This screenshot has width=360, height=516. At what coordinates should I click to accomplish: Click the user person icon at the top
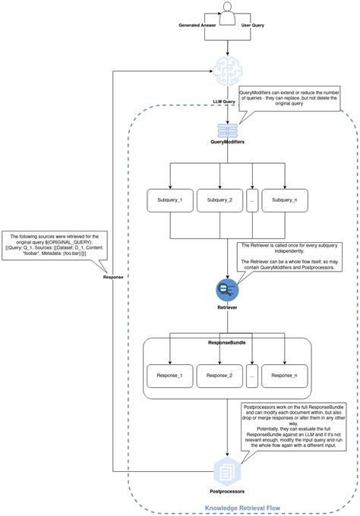[227, 11]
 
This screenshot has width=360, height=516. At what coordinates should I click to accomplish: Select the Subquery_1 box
[169, 200]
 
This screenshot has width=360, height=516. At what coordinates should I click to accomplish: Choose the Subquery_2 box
[219, 200]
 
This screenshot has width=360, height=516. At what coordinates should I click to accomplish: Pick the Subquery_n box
[284, 200]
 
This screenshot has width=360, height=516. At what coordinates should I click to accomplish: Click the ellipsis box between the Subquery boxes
[252, 200]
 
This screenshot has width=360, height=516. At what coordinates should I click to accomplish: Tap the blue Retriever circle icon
[227, 288]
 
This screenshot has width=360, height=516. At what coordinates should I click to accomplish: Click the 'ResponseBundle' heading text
[227, 343]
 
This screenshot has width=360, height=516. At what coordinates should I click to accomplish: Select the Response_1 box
[169, 374]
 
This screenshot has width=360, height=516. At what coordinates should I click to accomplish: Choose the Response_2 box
[219, 374]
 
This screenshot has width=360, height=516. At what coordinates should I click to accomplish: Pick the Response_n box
[284, 374]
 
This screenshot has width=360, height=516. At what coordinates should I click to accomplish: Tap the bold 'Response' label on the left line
[113, 277]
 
